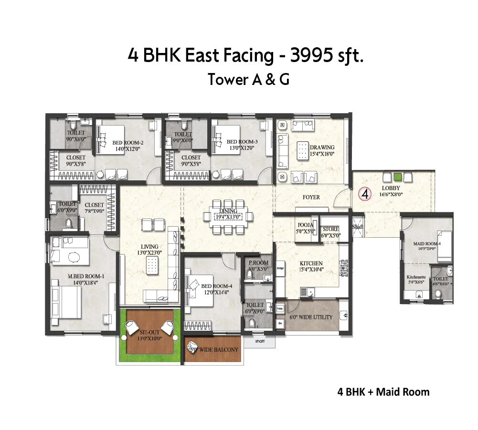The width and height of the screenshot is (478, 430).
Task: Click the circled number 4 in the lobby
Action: pyautogui.click(x=365, y=194)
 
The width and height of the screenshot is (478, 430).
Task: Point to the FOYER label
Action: pyautogui.click(x=311, y=197)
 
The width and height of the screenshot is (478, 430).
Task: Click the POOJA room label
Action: pyautogui.click(x=306, y=225)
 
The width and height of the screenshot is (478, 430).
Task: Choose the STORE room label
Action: pyautogui.click(x=330, y=229)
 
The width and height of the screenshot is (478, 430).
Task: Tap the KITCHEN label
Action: pyautogui.click(x=311, y=263)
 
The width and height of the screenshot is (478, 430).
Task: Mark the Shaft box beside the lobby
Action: pyautogui.click(x=358, y=227)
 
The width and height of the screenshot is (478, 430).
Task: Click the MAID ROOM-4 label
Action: pyautogui.click(x=426, y=243)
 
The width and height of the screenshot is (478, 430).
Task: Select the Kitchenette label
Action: pyautogui.click(x=416, y=277)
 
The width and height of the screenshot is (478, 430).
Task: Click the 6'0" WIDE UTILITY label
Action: pyautogui.click(x=311, y=317)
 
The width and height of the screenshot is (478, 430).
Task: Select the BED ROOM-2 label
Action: pyautogui.click(x=128, y=142)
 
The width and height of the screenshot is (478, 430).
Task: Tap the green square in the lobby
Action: pyautogui.click(x=397, y=176)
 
